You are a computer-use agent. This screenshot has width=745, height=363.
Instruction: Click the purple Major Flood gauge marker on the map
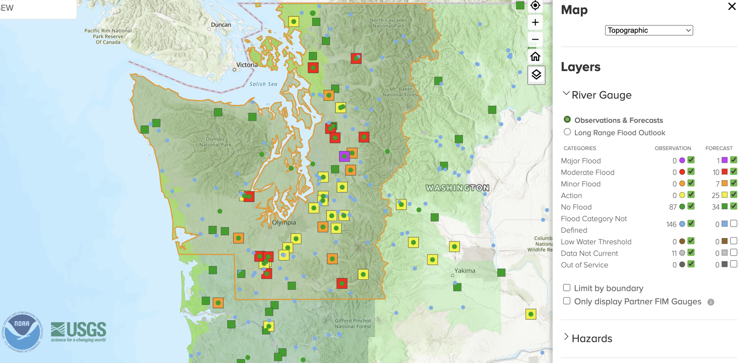tap(344, 156)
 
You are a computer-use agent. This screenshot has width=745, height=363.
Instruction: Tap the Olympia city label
tap(284, 223)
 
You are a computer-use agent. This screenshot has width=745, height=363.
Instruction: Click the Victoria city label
tap(247, 65)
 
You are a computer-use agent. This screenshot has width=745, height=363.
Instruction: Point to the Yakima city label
tap(464, 271)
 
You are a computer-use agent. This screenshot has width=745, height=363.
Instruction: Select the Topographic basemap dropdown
tap(649, 30)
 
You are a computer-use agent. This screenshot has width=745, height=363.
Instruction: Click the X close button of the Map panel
tap(732, 6)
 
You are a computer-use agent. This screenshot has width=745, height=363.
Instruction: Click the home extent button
tap(535, 56)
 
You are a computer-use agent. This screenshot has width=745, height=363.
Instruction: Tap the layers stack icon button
tap(536, 75)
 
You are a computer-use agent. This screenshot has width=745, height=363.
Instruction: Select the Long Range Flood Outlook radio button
tap(567, 132)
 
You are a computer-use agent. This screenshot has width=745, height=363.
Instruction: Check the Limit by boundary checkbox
tap(567, 288)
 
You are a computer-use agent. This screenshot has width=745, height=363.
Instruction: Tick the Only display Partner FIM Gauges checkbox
tap(567, 301)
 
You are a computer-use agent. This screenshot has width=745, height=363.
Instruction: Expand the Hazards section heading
tap(592, 339)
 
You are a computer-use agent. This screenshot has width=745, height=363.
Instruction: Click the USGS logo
tap(78, 332)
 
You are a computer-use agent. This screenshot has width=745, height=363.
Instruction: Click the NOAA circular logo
tap(22, 332)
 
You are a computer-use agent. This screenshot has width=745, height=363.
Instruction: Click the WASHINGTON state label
tap(457, 188)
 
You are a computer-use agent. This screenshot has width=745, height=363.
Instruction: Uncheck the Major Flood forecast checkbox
tap(734, 160)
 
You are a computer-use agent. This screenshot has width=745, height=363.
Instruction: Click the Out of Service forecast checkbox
tap(734, 264)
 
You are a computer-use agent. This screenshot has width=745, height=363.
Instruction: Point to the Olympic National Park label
tap(215, 142)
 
